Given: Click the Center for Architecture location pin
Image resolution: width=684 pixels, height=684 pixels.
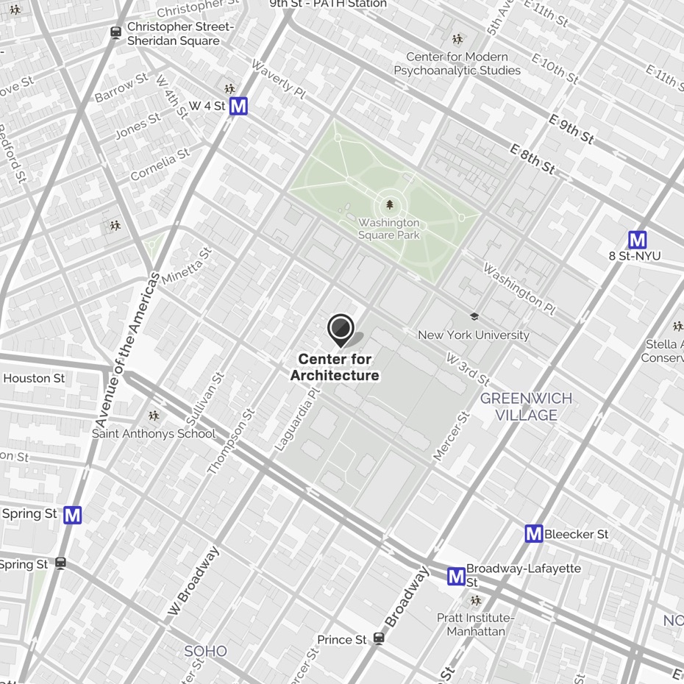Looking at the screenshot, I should pos(341,329).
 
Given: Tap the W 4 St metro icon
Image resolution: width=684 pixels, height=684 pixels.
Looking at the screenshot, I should pos(238,107).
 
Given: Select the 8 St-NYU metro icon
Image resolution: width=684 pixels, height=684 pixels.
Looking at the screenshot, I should pos(637,240).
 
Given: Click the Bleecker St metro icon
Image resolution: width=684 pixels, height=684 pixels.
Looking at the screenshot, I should pos(534,534).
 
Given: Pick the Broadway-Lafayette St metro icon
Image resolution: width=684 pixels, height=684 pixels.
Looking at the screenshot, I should pos(456,577).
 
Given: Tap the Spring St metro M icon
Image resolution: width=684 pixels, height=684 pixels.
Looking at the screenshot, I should pos(72,515).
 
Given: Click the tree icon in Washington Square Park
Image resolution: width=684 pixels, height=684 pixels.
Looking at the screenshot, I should pos(390,205).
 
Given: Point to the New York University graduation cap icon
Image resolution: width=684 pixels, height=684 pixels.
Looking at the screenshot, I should pos(474,317).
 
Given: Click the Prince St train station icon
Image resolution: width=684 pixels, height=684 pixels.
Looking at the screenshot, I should pos(379,638).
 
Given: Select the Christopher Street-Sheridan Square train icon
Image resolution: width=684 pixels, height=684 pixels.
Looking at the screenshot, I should pos(115,32).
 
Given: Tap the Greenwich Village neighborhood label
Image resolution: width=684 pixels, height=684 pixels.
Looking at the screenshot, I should pos(526,407).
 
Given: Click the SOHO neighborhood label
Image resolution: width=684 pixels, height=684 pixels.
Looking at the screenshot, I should pos(205,651).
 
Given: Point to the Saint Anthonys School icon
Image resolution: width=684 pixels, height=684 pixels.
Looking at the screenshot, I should pos(154,416).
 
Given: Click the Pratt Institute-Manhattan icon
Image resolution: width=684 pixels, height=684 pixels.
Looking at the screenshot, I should pos(476,601).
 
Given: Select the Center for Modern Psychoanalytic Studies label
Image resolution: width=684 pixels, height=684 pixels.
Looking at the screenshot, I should pos(457,63).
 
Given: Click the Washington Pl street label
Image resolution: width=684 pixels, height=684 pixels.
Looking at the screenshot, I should pos(519,286).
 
